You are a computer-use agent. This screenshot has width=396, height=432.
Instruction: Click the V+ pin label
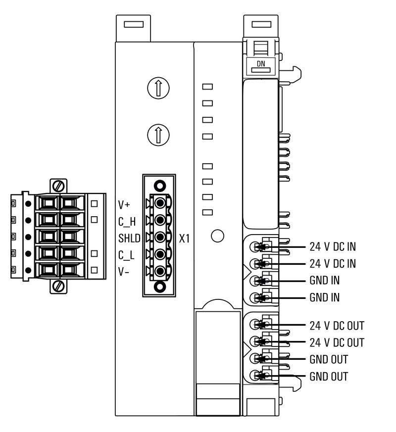point(124,204)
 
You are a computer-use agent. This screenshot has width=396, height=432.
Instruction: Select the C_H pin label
point(126,221)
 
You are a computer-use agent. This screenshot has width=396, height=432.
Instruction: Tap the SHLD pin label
point(129,238)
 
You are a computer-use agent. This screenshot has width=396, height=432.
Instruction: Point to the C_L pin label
point(126,255)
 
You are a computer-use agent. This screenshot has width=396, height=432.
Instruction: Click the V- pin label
point(124,272)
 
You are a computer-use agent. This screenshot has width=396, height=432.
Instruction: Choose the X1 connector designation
point(184,239)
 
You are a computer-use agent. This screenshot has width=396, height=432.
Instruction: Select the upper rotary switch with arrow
point(158,88)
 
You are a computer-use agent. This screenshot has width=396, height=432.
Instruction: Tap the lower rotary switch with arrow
point(158,134)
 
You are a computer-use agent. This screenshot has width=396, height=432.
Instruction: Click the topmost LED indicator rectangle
point(208,87)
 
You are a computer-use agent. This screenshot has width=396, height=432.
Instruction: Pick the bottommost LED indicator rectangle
point(208,212)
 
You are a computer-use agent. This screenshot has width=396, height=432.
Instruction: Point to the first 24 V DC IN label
point(332,246)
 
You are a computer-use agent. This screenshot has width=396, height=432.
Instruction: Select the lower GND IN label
point(325,298)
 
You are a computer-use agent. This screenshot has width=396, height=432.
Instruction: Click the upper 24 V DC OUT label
point(337,326)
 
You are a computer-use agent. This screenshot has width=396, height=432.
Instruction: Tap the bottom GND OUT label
point(329,377)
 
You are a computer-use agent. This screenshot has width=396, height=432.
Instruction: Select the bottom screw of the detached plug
point(59,286)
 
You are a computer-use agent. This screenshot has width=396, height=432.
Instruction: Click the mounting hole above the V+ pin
point(159,186)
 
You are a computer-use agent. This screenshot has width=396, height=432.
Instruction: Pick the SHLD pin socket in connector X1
point(159,238)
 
